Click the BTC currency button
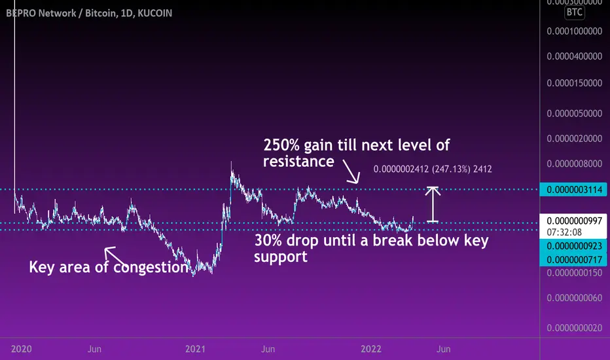tap(574, 12)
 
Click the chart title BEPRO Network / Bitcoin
tap(61, 13)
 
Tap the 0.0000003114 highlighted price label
tap(573, 190)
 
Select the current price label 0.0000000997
tap(574, 221)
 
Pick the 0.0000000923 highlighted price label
tap(573, 246)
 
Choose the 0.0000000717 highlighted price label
tap(573, 260)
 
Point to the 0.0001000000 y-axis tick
tap(574, 31)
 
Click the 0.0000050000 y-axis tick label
tap(574, 113)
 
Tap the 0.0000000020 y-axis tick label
tap(574, 328)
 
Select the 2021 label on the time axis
tap(195, 349)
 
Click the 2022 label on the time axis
tap(371, 349)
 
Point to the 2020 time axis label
tap(22, 349)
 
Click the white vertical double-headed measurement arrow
tap(433, 205)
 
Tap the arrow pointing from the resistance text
tap(351, 171)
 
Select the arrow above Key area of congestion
tap(115, 255)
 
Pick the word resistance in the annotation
tap(298, 161)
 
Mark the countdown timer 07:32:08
tap(564, 232)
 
